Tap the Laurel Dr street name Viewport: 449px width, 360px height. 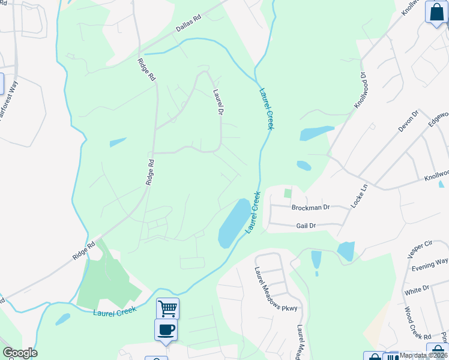(x=218, y=103)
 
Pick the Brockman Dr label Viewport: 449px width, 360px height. (x=310, y=208)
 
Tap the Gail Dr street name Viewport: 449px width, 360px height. (x=306, y=226)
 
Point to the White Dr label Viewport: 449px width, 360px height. (x=417, y=290)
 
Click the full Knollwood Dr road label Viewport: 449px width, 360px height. (x=359, y=90)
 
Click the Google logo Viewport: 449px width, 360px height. (x=19, y=353)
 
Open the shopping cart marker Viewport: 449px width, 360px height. (x=167, y=308)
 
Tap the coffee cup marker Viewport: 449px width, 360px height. (x=166, y=329)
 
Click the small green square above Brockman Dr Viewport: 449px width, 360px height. (x=288, y=193)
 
